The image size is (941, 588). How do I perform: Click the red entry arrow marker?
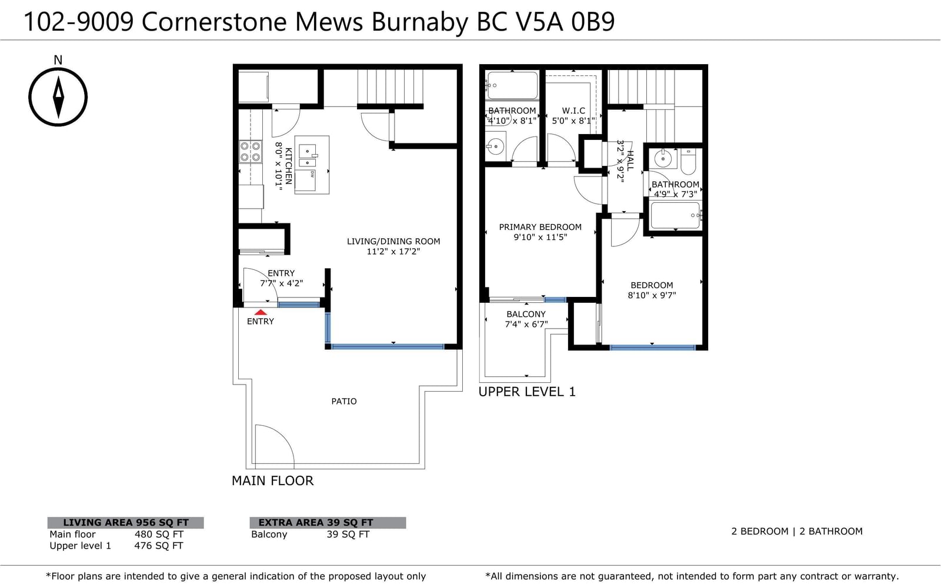261,312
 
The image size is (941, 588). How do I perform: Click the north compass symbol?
58,97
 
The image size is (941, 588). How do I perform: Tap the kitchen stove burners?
251,152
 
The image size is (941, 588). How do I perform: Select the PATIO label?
344,402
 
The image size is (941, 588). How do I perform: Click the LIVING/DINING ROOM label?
393,241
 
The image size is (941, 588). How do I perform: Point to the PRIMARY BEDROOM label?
540,227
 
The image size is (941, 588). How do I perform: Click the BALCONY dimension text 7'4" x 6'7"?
526,324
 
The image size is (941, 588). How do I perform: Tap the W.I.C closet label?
573,111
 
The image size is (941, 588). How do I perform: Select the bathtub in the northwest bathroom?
512,85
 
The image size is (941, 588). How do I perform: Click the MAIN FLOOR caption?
273,481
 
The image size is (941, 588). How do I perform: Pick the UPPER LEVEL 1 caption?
527,392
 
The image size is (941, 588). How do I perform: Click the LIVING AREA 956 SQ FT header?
126,523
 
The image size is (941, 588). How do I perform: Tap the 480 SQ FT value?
159,534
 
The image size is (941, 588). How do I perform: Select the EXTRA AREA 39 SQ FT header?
315,523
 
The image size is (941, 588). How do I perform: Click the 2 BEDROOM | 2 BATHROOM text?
797,532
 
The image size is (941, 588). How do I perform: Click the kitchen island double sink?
308,156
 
